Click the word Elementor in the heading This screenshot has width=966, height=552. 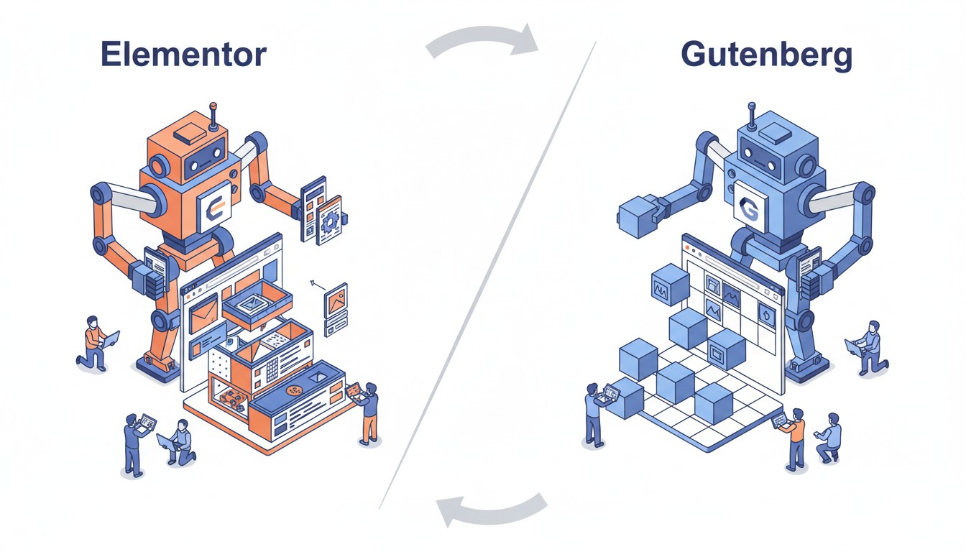[x=183, y=55]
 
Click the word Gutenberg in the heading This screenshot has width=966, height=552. [x=766, y=55]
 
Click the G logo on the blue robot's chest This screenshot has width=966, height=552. [x=750, y=211]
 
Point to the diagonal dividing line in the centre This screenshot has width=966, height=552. [x=489, y=273]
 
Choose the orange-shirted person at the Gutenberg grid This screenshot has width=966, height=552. [x=795, y=438]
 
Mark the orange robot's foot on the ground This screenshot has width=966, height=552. [x=160, y=367]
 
